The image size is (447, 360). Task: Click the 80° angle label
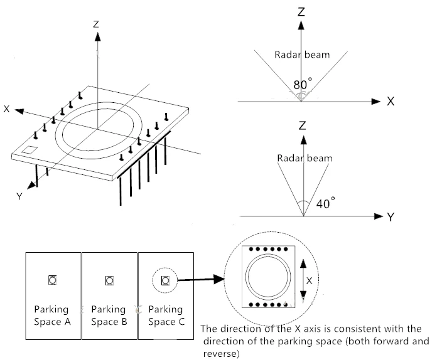[x=303, y=85]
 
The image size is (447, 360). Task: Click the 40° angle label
[x=326, y=203]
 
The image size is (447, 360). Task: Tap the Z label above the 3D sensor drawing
[x=96, y=24]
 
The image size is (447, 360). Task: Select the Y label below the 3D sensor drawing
[x=19, y=196]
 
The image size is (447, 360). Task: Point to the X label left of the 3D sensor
[x=6, y=109]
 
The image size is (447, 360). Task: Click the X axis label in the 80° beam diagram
[x=390, y=102]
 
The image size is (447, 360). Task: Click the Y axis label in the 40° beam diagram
[x=390, y=217]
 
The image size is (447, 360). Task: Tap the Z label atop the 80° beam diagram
[x=301, y=12]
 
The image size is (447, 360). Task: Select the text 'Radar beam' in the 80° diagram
[x=302, y=55]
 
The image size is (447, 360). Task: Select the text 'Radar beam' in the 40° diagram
[x=304, y=158]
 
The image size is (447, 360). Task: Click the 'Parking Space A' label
[x=52, y=315]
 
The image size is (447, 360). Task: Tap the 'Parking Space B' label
[x=109, y=315]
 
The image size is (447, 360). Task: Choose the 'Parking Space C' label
[x=166, y=315]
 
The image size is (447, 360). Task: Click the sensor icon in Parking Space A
[x=52, y=280]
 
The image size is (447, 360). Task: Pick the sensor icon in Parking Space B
[x=109, y=281]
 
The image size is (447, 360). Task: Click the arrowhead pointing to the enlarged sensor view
[x=219, y=279]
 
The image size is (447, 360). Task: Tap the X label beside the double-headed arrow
[x=310, y=281]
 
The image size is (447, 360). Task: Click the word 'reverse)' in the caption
[x=221, y=354]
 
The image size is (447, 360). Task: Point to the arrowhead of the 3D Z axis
[x=97, y=36]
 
